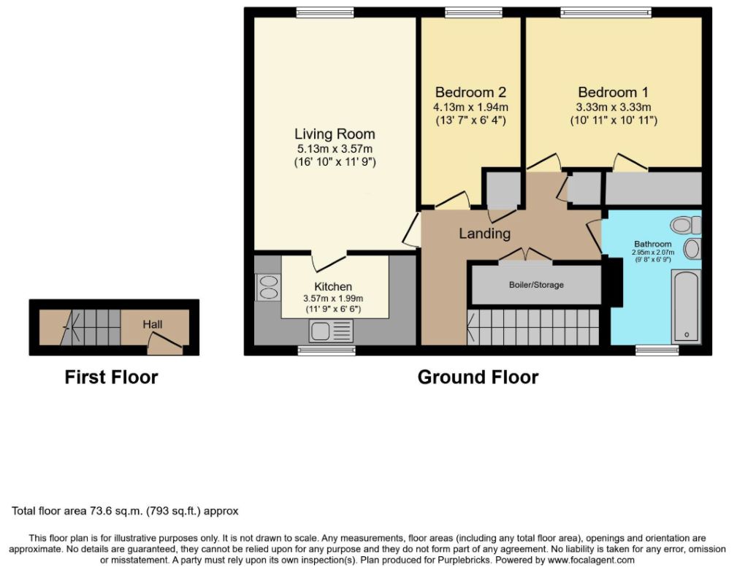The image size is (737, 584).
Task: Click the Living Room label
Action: click(335, 134)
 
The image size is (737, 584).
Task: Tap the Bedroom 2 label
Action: click(470, 92)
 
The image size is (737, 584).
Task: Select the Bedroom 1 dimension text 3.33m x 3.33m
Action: click(614, 107)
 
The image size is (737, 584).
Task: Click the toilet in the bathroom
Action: click(686, 225)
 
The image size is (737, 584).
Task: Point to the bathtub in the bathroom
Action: click(687, 305)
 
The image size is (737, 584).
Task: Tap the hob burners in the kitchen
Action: click(268, 287)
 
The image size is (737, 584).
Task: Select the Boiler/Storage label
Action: click(536, 285)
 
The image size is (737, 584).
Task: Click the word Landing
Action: click(484, 234)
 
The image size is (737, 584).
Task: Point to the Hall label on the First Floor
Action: click(153, 324)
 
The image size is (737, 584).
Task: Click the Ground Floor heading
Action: click(478, 377)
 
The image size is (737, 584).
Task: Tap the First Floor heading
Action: click(112, 377)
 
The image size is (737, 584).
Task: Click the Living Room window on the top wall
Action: click(325, 12)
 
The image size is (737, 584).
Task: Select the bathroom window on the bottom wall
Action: click(657, 350)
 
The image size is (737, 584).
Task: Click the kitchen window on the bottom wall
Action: click(327, 350)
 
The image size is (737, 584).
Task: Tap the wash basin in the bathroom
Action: click(692, 248)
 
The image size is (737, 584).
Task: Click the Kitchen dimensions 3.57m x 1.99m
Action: click(333, 299)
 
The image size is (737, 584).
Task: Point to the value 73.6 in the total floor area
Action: click(100, 511)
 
